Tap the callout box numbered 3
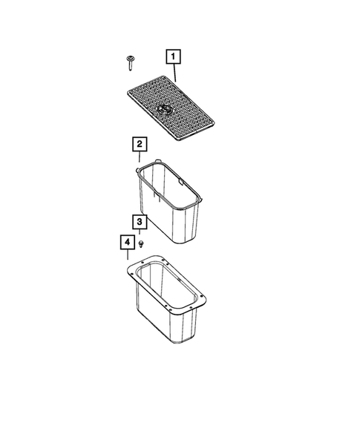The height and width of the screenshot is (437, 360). click(x=140, y=222)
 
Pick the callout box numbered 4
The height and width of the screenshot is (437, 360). click(x=127, y=243)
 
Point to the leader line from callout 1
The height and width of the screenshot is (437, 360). click(x=175, y=71)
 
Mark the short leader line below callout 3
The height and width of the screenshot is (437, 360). click(x=140, y=233)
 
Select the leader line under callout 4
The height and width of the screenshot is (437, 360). click(x=128, y=256)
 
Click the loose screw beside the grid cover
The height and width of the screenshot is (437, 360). click(x=130, y=61)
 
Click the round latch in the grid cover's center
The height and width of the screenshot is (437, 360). click(x=165, y=109)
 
